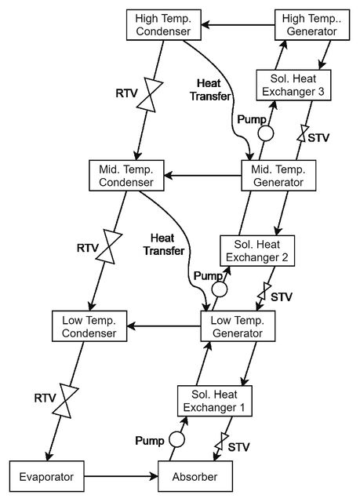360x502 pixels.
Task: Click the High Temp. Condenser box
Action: click(163, 24)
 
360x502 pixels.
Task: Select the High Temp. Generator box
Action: click(312, 24)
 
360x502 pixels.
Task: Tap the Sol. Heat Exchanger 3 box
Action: click(293, 85)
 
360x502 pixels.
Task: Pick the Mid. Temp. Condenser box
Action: click(126, 176)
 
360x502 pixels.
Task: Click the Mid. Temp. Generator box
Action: click(278, 176)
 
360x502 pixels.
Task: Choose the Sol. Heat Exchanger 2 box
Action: click(257, 251)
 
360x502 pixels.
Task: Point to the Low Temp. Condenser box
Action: click(89, 326)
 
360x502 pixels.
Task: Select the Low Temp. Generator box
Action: click(238, 326)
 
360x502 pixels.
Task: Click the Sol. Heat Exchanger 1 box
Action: click(215, 401)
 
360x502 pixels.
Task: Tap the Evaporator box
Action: click(47, 476)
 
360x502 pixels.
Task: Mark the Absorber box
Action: click(195, 476)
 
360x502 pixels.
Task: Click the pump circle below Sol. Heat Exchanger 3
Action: click(266, 133)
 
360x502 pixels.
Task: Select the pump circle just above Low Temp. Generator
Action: click(220, 289)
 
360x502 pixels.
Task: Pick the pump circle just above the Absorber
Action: click(176, 439)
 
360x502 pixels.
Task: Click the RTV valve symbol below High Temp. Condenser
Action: click(150, 95)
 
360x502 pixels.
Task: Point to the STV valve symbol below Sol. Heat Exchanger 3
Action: click(302, 133)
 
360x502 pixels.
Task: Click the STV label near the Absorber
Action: click(238, 447)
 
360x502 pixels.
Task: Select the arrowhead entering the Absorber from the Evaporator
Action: click(155, 476)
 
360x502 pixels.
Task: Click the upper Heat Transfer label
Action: click(209, 89)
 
